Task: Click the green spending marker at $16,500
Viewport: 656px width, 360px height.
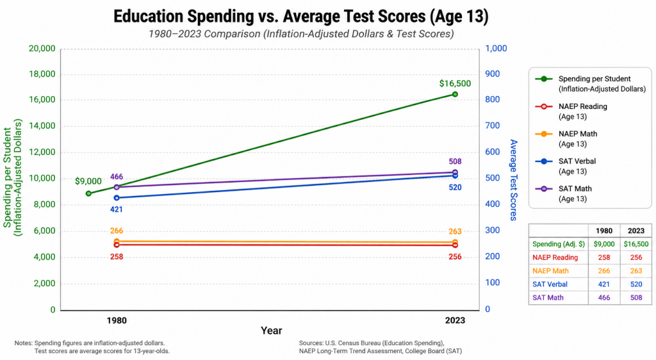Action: tap(455, 94)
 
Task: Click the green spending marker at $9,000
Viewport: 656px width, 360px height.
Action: tap(88, 193)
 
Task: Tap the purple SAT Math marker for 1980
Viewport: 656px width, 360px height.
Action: tap(117, 187)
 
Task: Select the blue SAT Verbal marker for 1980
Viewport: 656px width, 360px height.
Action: tap(117, 198)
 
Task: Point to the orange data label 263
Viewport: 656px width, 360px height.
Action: tap(455, 231)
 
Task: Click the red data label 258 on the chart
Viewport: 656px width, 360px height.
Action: tap(117, 257)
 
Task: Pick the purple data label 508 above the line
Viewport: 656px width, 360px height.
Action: tap(455, 161)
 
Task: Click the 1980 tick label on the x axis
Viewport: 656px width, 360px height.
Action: tap(117, 320)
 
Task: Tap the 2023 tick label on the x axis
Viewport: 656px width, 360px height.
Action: tap(455, 320)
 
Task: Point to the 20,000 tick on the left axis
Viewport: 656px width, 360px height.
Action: tap(42, 49)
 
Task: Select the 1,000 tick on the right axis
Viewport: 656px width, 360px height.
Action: tap(496, 49)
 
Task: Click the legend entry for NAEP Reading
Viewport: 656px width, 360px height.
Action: tap(571, 111)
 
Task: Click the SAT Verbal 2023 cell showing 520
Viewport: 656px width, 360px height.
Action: tap(636, 284)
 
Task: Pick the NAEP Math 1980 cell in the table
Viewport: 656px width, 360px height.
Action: tap(603, 271)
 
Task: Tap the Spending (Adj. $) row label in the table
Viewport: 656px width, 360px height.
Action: tap(559, 244)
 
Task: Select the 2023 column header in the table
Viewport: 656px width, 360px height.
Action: tap(636, 231)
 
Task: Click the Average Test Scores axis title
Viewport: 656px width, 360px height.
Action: tap(513, 180)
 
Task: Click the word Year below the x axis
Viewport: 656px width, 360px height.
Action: tap(272, 331)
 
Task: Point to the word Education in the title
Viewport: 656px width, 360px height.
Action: tap(148, 16)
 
